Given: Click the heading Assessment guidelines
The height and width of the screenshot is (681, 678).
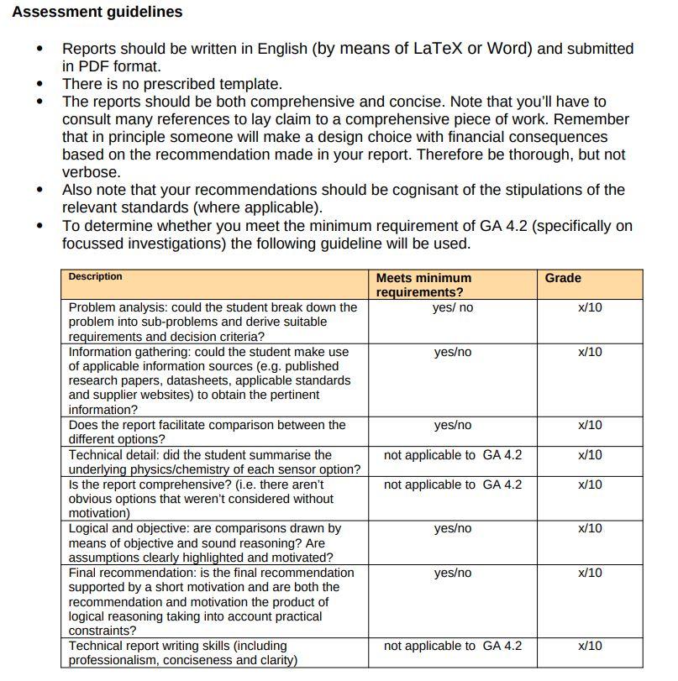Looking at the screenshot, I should pyautogui.click(x=97, y=12).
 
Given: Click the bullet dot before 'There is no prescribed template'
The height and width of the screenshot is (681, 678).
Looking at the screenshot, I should pyautogui.click(x=39, y=84).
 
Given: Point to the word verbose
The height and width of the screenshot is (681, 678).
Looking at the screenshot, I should pyautogui.click(x=91, y=172).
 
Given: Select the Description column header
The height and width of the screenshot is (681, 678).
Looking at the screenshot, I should pyautogui.click(x=95, y=277).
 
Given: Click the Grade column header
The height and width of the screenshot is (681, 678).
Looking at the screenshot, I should pyautogui.click(x=562, y=278).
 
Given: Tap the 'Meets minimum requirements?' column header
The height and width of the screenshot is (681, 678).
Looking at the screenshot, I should pyautogui.click(x=423, y=285).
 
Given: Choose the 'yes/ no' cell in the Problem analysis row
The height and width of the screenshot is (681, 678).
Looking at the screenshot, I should pyautogui.click(x=452, y=307).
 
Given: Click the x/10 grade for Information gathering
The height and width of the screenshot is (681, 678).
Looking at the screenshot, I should pyautogui.click(x=590, y=352).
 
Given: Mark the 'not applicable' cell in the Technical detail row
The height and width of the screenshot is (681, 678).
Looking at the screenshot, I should pyautogui.click(x=452, y=455).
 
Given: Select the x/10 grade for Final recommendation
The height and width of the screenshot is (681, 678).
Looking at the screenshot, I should pyautogui.click(x=590, y=573).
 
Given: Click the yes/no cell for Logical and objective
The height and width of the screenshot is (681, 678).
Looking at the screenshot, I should pyautogui.click(x=452, y=528).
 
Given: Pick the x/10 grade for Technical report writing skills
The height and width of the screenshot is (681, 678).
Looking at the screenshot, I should pyautogui.click(x=590, y=646).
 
